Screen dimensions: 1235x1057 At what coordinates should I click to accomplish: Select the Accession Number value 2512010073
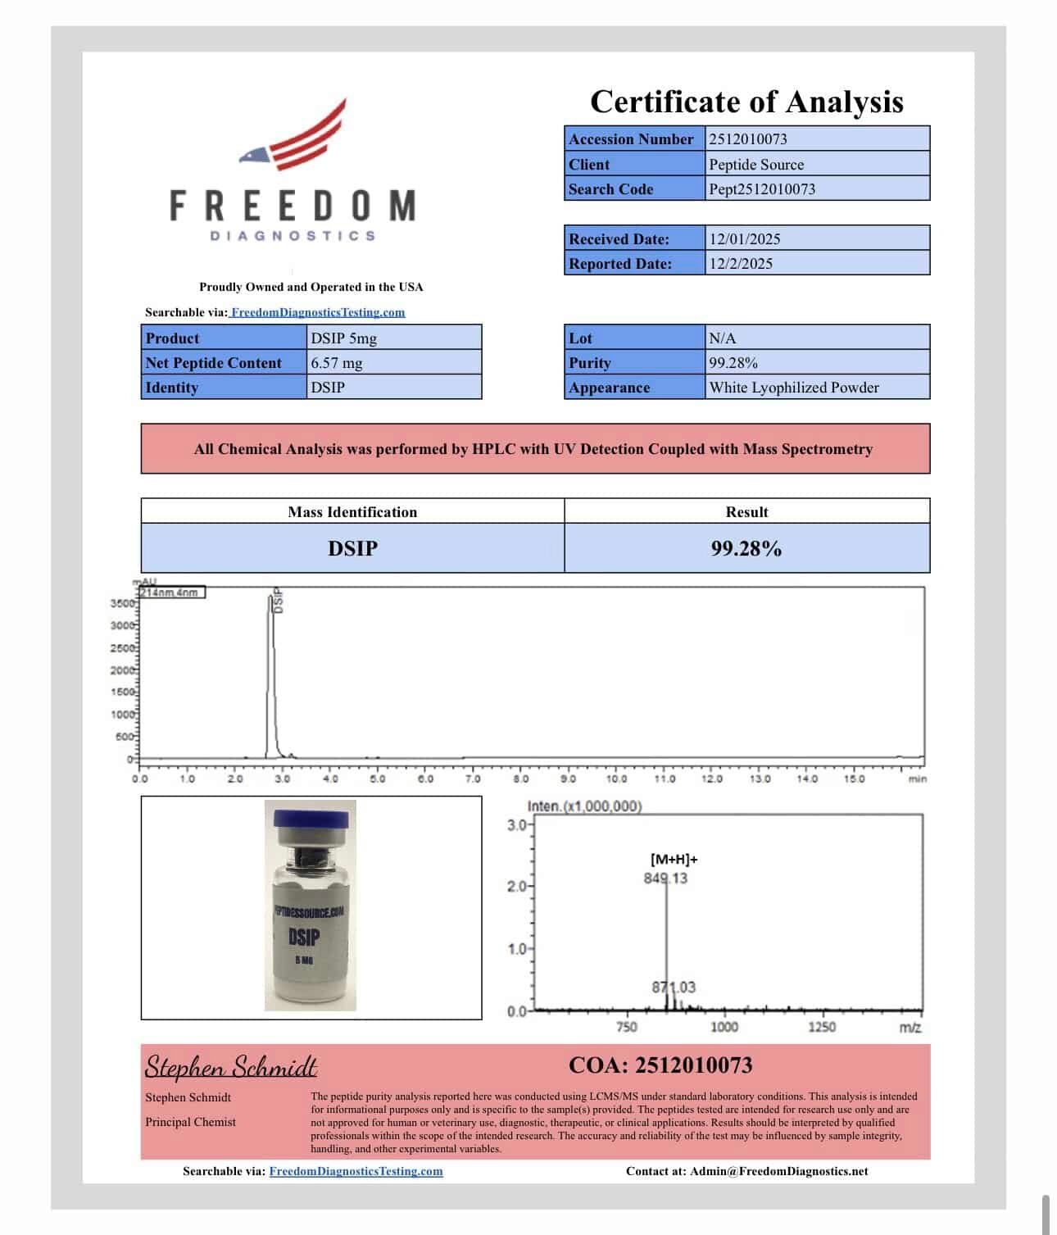[x=748, y=139]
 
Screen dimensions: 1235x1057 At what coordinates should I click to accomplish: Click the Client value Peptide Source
[x=756, y=164]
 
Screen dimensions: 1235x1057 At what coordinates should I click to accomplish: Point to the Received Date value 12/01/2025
[x=745, y=239]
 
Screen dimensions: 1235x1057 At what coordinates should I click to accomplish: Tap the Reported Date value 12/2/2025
[x=741, y=264]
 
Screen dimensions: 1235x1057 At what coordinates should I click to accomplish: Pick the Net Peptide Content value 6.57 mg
[x=337, y=363]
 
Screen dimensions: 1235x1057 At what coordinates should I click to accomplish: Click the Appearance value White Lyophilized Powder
[x=794, y=388]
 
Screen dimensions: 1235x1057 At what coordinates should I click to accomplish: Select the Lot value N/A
[x=723, y=338]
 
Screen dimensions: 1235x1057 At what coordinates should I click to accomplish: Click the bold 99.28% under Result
[x=746, y=548]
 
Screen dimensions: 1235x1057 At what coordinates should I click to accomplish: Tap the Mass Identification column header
[x=352, y=512]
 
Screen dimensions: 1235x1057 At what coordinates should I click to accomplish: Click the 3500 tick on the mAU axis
[x=122, y=604]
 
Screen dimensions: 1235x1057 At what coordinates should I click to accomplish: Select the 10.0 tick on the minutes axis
[x=616, y=779]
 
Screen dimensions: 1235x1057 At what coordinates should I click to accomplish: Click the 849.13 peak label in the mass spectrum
[x=665, y=879]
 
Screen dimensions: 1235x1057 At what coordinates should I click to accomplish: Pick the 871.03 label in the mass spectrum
[x=674, y=988]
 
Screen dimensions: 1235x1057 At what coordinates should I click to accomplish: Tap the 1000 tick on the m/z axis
[x=724, y=1028]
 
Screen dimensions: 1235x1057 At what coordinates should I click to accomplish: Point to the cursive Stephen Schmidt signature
[x=231, y=1067]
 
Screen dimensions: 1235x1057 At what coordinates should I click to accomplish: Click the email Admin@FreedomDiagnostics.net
[x=778, y=1171]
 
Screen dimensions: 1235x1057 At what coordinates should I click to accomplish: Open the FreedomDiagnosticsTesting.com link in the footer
[x=356, y=1171]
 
